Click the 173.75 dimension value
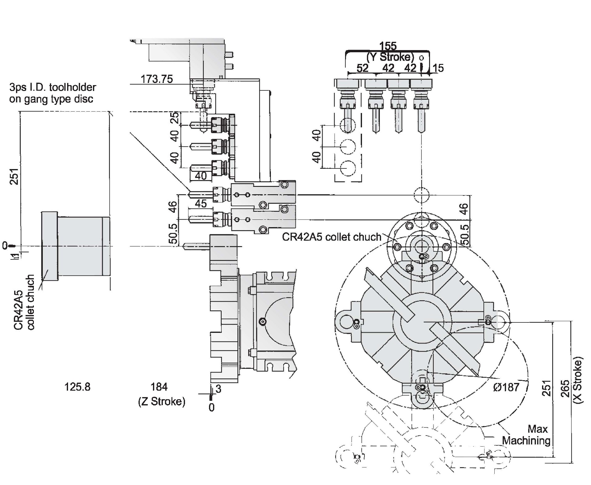click(x=157, y=79)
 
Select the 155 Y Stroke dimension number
click(x=388, y=46)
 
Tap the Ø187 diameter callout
click(x=506, y=387)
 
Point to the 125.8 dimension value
click(x=77, y=387)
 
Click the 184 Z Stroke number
click(x=159, y=387)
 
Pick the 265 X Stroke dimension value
click(x=565, y=388)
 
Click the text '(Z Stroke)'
click(x=162, y=401)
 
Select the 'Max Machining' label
click(x=526, y=435)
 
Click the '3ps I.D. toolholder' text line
click(x=53, y=87)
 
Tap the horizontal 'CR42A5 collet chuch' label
click(x=332, y=237)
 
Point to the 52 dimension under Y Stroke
click(x=362, y=68)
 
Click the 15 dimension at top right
click(x=438, y=68)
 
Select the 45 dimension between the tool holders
click(x=201, y=203)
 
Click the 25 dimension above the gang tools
click(x=175, y=118)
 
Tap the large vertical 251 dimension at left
click(x=14, y=176)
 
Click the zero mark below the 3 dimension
click(x=211, y=408)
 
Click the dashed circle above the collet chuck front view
click(x=421, y=195)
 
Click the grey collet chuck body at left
click(x=76, y=246)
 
